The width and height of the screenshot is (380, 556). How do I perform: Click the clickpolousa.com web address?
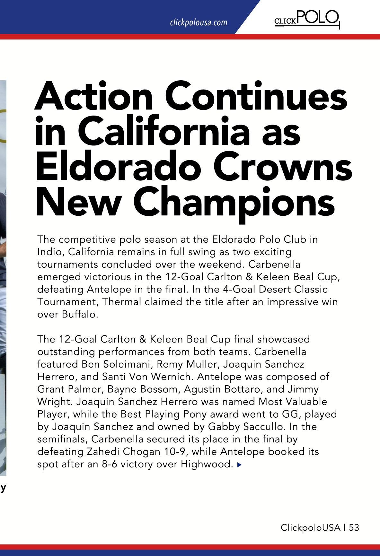point(199,22)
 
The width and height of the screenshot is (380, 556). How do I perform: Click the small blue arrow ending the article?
point(239,465)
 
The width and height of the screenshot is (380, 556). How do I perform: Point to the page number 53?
point(354,527)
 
